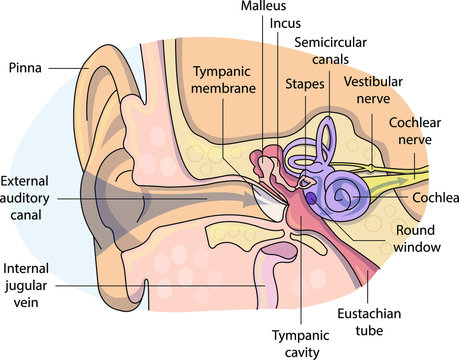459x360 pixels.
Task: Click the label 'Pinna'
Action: [24, 68]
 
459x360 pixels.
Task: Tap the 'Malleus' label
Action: [261, 7]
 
